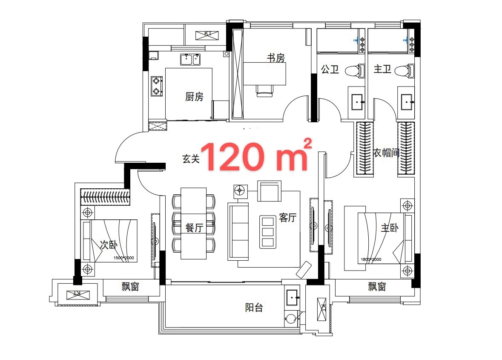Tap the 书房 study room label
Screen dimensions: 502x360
(x=275, y=58)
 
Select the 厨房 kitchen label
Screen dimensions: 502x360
(x=194, y=96)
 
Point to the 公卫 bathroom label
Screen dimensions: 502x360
(x=330, y=69)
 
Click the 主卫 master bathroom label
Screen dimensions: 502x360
(x=382, y=69)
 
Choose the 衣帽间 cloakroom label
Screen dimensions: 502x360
(x=386, y=153)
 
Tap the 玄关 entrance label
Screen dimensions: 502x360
(x=191, y=158)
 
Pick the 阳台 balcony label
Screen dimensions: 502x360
(x=254, y=308)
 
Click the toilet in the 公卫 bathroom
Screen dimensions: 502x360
(x=356, y=71)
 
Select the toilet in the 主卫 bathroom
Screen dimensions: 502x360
(x=404, y=70)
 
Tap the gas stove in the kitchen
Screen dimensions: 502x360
(x=157, y=86)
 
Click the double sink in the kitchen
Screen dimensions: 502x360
(x=190, y=60)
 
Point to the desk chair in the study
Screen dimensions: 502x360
(x=265, y=91)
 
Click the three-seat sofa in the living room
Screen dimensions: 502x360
(x=238, y=231)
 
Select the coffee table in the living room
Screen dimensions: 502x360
(x=268, y=232)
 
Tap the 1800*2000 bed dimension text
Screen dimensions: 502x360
(x=371, y=259)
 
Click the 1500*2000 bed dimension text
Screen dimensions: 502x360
(x=123, y=258)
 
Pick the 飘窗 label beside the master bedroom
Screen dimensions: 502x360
(x=377, y=286)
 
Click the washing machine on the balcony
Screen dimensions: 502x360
(x=291, y=319)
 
